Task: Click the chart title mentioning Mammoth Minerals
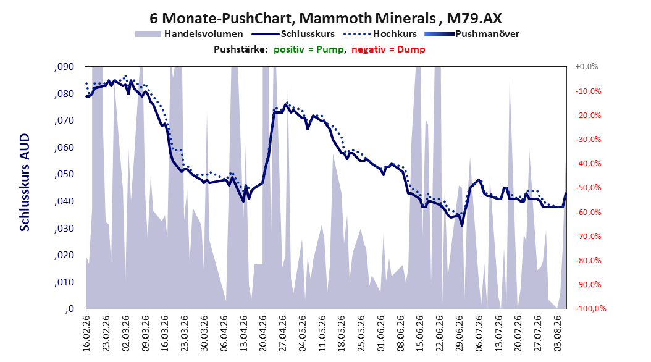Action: tap(325, 19)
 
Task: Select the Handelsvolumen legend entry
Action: tap(190, 34)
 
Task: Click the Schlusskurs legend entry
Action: tap(293, 34)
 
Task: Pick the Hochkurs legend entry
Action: tap(380, 34)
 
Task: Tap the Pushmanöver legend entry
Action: tap(472, 34)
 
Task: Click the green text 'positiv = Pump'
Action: tap(308, 49)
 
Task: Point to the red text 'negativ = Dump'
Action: tap(388, 49)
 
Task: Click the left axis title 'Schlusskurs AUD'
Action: tap(25, 182)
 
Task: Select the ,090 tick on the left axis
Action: tap(64, 67)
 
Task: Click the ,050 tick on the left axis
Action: tap(64, 174)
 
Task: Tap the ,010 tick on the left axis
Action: tap(64, 282)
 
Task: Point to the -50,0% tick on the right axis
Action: tap(588, 188)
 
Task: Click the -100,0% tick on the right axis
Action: tap(590, 308)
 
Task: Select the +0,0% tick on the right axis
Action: tap(587, 67)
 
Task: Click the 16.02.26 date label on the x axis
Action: tap(86, 334)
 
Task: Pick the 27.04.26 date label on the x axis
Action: tap(283, 334)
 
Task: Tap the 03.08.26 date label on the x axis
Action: tap(558, 334)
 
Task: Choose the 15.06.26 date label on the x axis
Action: tap(420, 334)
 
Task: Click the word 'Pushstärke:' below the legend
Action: tap(241, 49)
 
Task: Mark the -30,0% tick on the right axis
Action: tap(588, 140)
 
